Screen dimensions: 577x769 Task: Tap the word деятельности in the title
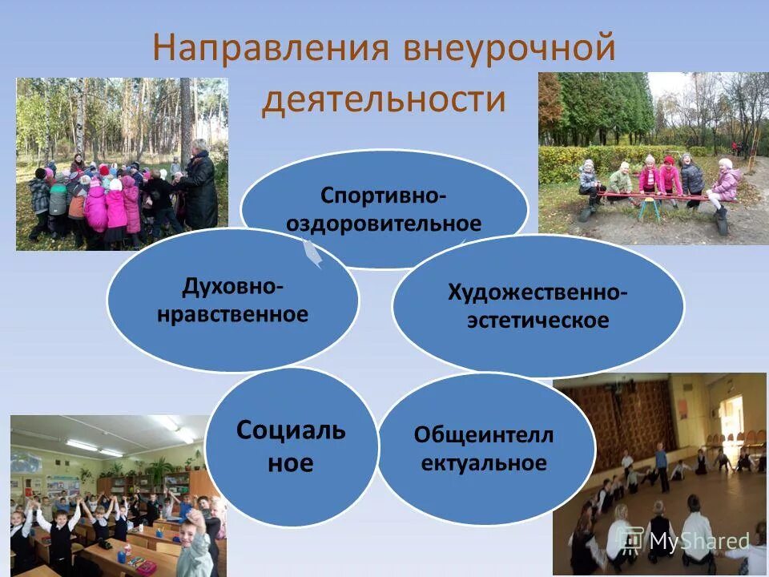pos(384,100)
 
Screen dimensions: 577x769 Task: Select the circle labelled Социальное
pos(291,446)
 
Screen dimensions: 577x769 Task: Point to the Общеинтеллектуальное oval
pos(485,449)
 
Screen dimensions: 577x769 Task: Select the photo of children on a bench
pos(653,158)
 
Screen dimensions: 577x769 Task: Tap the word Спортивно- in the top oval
pos(384,195)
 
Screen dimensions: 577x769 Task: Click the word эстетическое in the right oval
pos(538,321)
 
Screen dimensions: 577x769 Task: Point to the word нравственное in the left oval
pos(232,313)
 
